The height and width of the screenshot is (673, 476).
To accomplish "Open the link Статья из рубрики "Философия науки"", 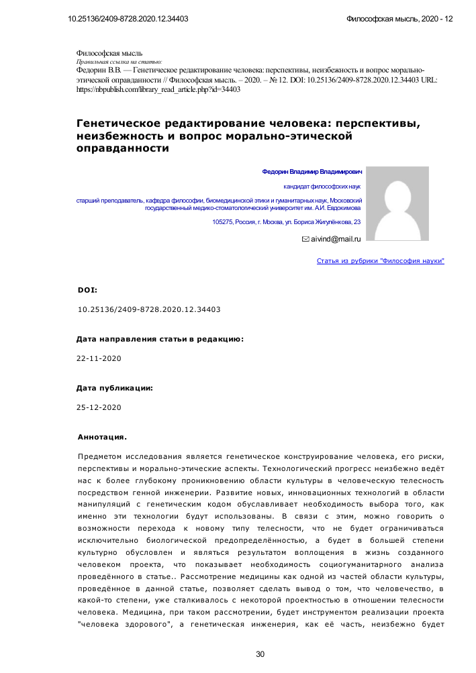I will coord(380,260).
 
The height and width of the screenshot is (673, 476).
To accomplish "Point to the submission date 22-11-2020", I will coord(99,359).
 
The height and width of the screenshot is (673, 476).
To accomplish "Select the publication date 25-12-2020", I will coord(99,407).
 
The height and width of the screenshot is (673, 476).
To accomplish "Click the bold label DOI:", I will coord(87,291).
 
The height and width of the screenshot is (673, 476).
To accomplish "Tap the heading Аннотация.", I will coord(102,437).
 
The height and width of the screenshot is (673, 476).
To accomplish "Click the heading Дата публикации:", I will coord(114,388).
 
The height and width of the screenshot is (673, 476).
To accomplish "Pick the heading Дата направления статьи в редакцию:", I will coord(160,340).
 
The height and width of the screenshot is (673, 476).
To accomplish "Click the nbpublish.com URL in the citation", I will coord(158,89).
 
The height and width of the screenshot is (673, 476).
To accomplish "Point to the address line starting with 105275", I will coord(287,222).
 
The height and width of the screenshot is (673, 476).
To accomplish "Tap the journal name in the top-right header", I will coord(399,19).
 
